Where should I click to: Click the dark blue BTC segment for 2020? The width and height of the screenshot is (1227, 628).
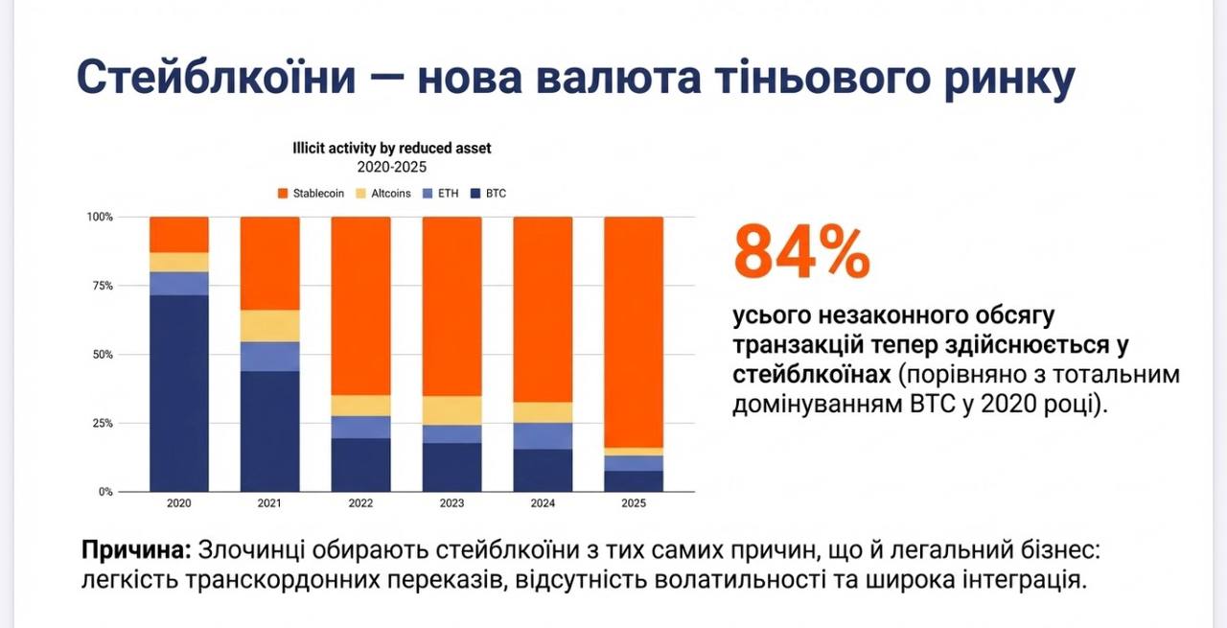pos(178,393)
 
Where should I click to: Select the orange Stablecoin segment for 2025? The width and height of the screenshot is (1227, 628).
pos(634,331)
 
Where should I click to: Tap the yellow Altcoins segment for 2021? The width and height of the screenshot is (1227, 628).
pos(269,326)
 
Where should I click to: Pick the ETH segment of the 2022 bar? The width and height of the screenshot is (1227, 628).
pos(360,427)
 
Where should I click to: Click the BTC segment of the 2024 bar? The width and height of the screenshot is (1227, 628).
pos(543,470)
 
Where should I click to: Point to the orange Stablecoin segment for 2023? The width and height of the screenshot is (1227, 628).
pos(451,306)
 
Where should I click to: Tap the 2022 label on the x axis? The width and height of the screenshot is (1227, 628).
pos(360,503)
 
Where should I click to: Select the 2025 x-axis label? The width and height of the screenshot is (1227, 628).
pos(634,503)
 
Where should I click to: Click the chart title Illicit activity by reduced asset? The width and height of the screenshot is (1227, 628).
pos(391,149)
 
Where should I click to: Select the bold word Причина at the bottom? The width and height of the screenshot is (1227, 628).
pos(135,551)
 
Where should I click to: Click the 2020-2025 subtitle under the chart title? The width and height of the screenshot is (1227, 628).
pos(391,166)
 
